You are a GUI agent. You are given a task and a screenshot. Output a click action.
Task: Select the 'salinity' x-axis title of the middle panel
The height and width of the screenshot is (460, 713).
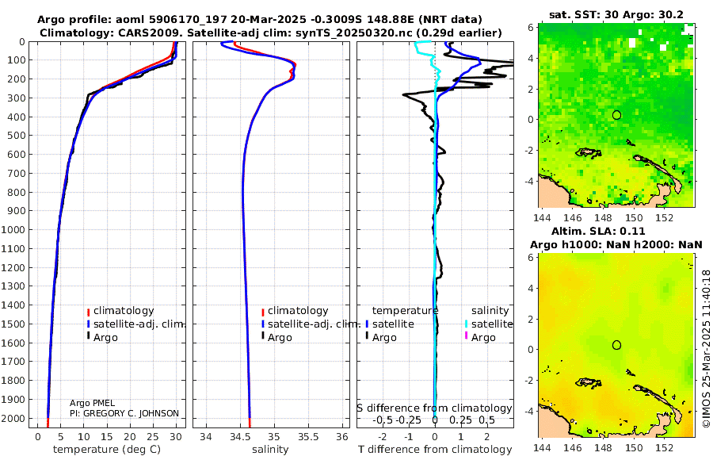[270, 450]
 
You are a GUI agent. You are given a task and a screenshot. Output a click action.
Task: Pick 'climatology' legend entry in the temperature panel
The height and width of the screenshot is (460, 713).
[124, 311]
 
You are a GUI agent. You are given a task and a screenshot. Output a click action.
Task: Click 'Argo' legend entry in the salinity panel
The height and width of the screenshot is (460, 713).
[280, 337]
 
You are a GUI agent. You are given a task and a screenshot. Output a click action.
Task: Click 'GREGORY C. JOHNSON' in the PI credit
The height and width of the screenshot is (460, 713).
[132, 413]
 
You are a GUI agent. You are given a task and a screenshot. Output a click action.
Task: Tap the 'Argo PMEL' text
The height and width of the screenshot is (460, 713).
[92, 404]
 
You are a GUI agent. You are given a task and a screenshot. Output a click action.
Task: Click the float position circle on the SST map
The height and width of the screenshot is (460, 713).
[616, 115]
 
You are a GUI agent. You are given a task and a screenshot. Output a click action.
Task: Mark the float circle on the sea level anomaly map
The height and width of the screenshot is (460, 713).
[616, 344]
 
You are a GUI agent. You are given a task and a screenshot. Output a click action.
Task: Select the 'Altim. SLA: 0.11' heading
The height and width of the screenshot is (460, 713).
[616, 230]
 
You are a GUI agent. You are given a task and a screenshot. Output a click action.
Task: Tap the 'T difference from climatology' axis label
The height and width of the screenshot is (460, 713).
[433, 450]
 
